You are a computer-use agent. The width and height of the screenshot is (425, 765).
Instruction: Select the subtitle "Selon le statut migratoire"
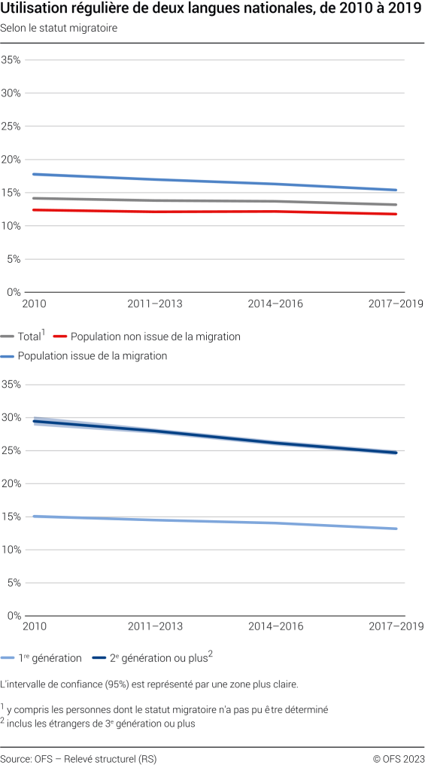coord(59,28)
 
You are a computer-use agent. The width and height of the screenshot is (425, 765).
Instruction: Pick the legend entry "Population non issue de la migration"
coord(155,337)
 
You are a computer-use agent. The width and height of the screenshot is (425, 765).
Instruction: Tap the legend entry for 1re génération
coord(50,658)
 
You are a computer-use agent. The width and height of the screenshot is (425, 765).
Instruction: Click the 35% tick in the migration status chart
coord(11,60)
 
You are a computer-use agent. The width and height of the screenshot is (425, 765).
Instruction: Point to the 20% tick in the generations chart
coord(11,483)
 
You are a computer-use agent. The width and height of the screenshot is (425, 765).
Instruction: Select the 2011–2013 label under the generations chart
coord(155,626)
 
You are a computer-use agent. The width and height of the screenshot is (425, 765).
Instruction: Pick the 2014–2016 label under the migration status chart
coord(275,303)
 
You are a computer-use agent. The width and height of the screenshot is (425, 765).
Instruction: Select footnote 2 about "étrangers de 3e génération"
coord(101,724)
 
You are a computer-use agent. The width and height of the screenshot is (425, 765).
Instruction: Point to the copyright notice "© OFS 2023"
coord(398,757)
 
